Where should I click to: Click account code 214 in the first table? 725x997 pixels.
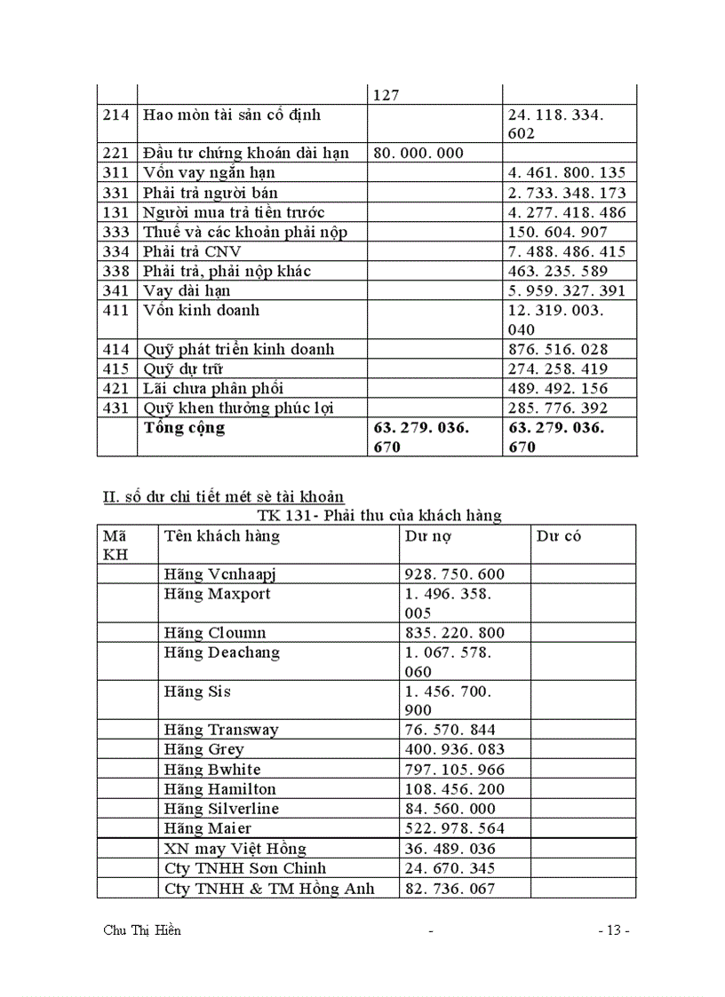[x=116, y=115]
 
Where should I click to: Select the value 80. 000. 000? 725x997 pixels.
[x=418, y=153]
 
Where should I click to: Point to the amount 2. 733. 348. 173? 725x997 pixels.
[x=566, y=193]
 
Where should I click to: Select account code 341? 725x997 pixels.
[x=116, y=290]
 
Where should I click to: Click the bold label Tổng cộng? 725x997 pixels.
[x=185, y=428]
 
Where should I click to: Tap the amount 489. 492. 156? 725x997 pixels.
[x=557, y=388]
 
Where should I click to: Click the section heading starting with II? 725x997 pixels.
[x=224, y=496]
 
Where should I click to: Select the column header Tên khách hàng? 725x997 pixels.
[x=221, y=536]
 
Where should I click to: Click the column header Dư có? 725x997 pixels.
[x=559, y=536]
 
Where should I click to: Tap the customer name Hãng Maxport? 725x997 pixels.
[x=217, y=594]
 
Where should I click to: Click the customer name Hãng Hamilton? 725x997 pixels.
[x=219, y=789]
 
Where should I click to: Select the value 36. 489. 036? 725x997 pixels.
[x=449, y=849]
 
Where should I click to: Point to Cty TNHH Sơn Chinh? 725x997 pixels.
[x=244, y=868]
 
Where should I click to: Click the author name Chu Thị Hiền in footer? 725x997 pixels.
[x=143, y=930]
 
